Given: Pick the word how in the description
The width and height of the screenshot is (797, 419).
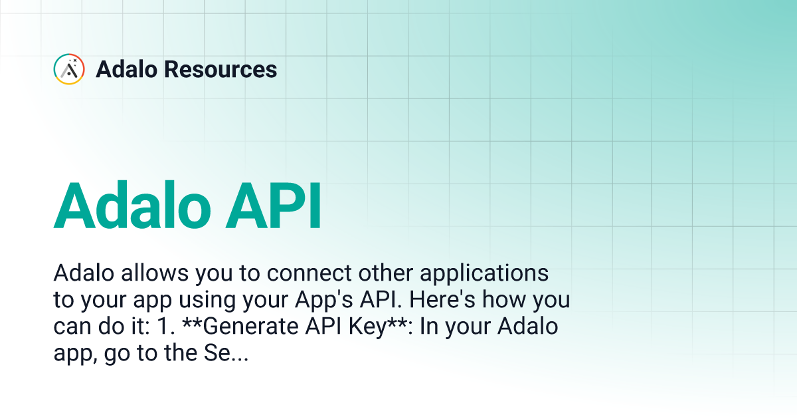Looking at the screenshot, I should click(x=507, y=300).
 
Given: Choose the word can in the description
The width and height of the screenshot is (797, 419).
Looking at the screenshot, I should click(x=68, y=327).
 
